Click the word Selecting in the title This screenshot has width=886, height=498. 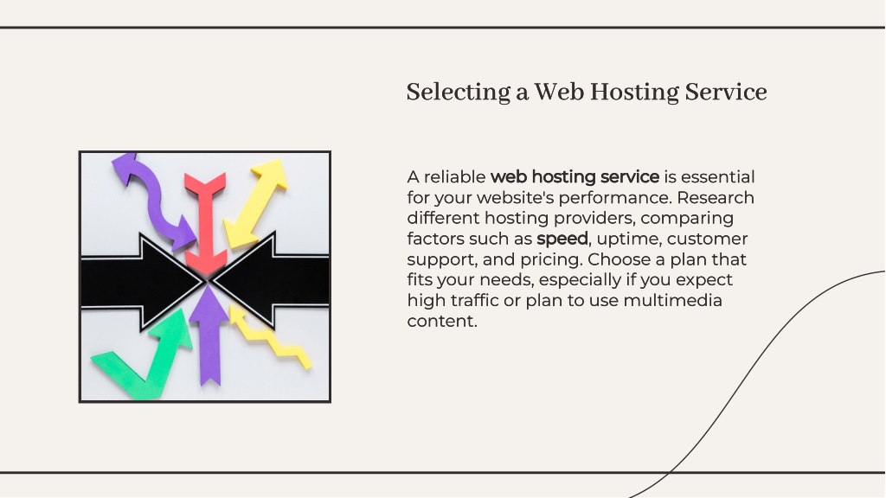pyautogui.click(x=459, y=93)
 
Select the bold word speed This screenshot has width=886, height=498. pyautogui.click(x=562, y=239)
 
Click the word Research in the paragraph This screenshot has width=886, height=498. pyautogui.click(x=716, y=198)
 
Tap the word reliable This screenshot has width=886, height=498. pyautogui.click(x=454, y=177)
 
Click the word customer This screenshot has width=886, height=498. pyautogui.click(x=707, y=239)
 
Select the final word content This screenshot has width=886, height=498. pyautogui.click(x=442, y=322)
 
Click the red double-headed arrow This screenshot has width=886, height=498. pyautogui.click(x=205, y=224)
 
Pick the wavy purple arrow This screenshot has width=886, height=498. pyautogui.click(x=152, y=199)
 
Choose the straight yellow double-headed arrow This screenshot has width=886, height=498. pyautogui.click(x=255, y=203)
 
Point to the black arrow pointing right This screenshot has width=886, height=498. pyautogui.click(x=143, y=281)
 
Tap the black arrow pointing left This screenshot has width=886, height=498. pyautogui.click(x=271, y=280)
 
